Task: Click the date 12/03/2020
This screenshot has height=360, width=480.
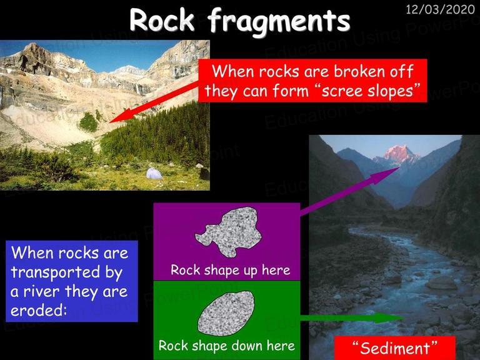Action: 440,9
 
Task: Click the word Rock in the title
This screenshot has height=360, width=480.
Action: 162,20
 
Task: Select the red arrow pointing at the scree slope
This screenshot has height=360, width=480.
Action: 154,102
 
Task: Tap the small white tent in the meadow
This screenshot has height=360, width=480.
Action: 154,174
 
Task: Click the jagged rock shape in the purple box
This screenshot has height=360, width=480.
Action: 228,232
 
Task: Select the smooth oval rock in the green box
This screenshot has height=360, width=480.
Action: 226,314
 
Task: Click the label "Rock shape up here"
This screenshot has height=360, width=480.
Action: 230,270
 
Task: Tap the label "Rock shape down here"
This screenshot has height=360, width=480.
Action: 226,346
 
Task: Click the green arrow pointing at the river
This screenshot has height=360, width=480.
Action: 352,318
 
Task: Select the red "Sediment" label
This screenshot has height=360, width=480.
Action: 395,348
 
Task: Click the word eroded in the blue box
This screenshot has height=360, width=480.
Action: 38,310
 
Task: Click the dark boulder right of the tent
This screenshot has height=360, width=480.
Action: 204,174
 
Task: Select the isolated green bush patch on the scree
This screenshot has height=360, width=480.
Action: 89,122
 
